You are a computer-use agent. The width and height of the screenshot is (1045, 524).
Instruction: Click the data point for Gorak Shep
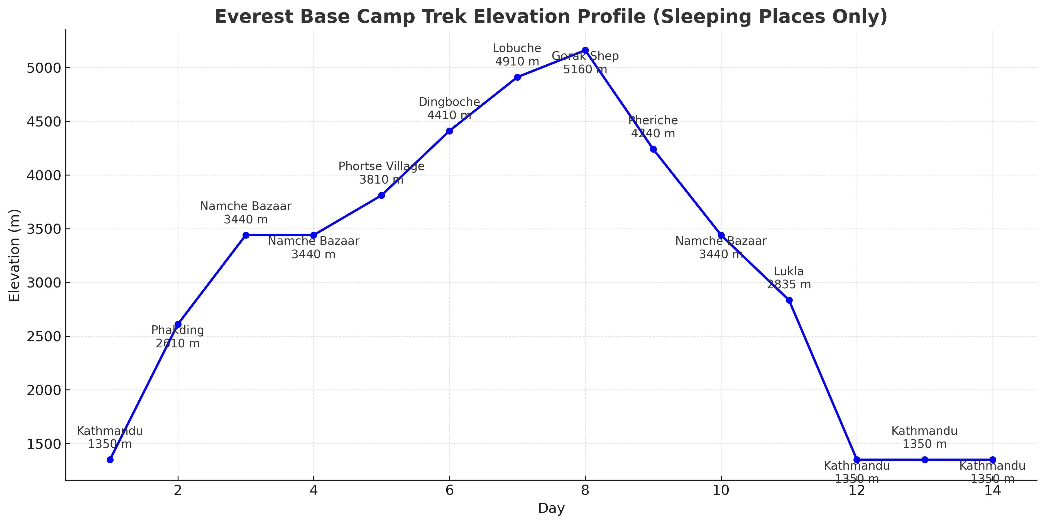[x=585, y=50]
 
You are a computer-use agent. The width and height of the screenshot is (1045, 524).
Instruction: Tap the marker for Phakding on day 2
[x=178, y=324]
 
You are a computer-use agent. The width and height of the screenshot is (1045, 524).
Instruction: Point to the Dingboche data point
[x=449, y=131]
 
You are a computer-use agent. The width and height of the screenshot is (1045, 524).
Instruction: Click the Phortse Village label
[x=381, y=166]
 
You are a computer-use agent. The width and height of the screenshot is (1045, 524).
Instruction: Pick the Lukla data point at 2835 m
[x=789, y=300]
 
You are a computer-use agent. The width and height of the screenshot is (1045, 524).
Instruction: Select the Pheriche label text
[x=653, y=121]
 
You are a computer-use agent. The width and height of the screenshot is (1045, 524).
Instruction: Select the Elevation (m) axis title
[x=14, y=255]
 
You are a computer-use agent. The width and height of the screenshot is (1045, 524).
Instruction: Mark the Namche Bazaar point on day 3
[x=246, y=235]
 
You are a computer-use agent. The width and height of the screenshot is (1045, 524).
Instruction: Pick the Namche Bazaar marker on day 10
[x=721, y=235]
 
